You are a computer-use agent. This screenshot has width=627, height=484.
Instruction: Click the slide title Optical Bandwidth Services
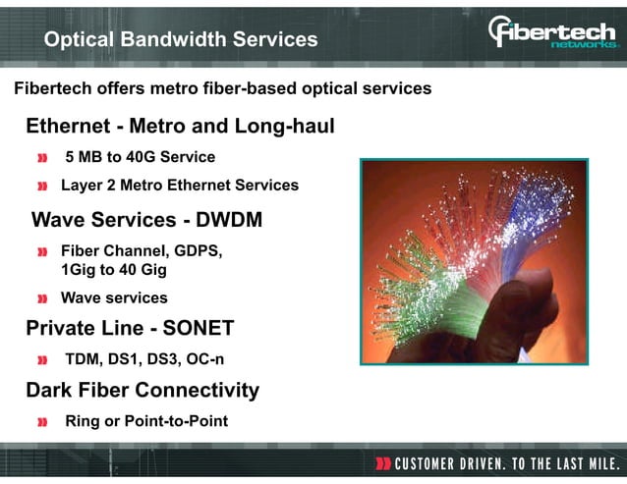181,39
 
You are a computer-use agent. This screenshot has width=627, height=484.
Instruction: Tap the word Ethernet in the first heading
66,126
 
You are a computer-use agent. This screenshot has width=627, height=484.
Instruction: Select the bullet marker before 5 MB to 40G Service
42,158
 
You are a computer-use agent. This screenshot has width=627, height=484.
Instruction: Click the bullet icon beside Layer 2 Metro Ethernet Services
42,186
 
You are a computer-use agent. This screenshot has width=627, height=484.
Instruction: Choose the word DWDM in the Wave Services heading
228,220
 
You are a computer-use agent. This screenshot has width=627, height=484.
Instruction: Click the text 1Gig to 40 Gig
114,269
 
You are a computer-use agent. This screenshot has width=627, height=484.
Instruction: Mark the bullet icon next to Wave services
42,298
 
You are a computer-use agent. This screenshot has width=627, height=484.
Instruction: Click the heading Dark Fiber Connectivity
142,390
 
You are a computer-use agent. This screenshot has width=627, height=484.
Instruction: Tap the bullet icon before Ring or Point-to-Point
42,422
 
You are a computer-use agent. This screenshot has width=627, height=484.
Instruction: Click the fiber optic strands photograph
474,260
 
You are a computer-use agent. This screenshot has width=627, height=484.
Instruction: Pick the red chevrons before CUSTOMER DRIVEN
383,462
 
